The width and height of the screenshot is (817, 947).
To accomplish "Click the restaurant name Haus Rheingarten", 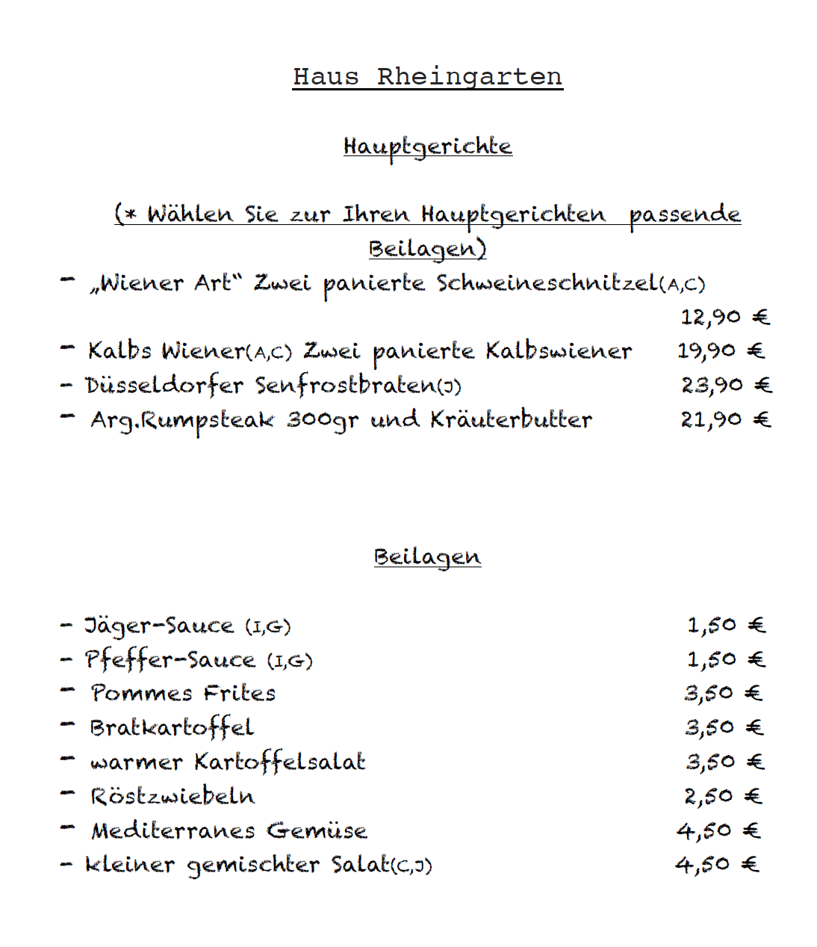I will (427, 77).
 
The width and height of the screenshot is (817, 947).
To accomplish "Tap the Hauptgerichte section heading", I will (427, 146).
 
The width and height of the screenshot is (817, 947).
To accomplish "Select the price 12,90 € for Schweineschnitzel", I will (724, 318).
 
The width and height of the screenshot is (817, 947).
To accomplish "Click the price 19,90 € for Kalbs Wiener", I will (721, 351).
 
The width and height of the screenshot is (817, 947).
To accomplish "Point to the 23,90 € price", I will (726, 385).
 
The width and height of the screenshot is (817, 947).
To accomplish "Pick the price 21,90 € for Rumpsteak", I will (725, 419).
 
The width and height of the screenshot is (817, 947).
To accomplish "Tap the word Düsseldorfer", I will (164, 386).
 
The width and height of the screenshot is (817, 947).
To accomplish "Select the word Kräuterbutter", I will (511, 420).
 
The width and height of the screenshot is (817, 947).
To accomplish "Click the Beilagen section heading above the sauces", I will (427, 558).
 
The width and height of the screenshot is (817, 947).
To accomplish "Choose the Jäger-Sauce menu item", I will (159, 626).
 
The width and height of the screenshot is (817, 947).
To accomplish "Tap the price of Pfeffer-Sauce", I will (726, 659).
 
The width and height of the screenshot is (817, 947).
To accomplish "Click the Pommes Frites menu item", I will (183, 694).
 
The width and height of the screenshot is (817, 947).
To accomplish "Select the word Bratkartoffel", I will (172, 728).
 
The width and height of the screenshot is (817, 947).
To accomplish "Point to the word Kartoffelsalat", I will (280, 762).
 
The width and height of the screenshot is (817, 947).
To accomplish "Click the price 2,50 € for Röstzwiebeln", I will (723, 796).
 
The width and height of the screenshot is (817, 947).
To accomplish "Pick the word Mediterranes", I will (173, 830).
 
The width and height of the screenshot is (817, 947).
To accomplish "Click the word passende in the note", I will (685, 215).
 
